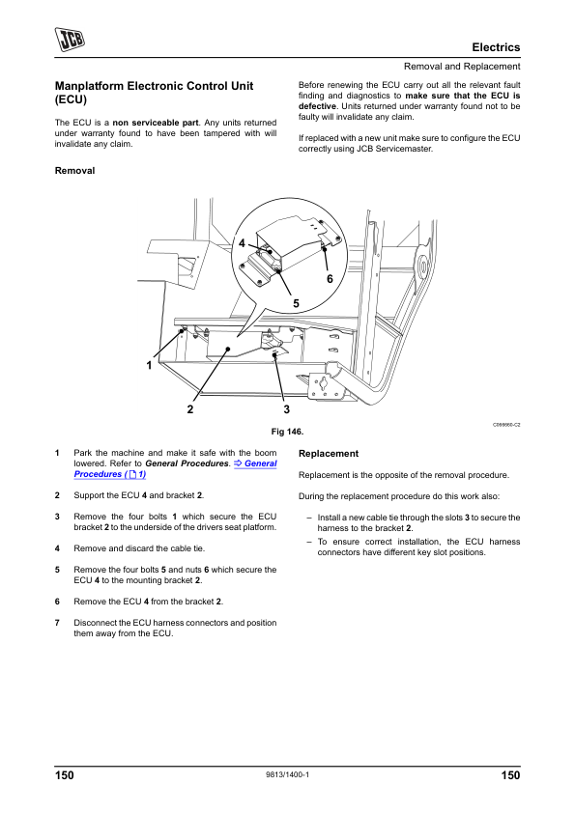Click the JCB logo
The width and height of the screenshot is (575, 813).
coord(70,40)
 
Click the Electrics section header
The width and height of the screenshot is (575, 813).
coord(496,47)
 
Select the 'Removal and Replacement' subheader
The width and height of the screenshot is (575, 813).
coord(462,67)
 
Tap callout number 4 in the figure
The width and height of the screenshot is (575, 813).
coord(242,242)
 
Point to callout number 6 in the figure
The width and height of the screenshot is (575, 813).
coord(330,279)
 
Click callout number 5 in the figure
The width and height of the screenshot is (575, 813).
coord(296,303)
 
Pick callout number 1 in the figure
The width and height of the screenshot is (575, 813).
coord(149,366)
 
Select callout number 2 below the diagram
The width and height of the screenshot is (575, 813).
coord(190,409)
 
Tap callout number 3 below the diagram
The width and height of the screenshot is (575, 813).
coord(286,409)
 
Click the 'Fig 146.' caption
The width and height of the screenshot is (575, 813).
coord(288,432)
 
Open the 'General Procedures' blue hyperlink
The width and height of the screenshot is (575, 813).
coord(176,468)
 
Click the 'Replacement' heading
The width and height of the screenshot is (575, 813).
coord(329,454)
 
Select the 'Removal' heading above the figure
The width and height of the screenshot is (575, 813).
coord(74,171)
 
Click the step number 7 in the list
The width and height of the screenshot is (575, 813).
coord(57,623)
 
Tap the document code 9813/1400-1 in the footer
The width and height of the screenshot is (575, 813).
coord(288,774)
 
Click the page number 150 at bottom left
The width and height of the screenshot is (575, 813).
coord(65,775)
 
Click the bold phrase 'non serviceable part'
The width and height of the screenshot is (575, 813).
coord(156,123)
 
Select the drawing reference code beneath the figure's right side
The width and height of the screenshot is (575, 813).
coord(506,425)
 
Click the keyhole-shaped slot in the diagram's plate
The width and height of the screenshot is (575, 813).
coord(323,383)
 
